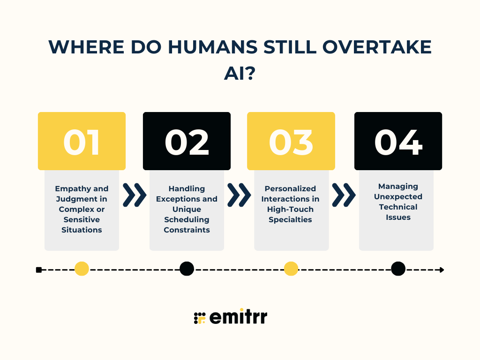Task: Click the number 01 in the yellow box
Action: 82,142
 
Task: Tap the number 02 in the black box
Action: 187,142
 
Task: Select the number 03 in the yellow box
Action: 291,142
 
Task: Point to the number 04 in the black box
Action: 398,142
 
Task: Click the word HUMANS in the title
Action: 213,47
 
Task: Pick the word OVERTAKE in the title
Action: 377,47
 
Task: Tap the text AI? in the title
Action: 240,74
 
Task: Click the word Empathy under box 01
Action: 69,189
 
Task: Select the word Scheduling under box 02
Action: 187,220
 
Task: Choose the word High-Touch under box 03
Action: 290,210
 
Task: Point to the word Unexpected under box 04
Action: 398,197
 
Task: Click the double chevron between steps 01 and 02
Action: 135,195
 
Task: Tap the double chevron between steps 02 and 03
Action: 239,195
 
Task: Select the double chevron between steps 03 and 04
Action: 344,195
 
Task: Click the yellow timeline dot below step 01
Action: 82,269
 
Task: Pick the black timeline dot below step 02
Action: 187,269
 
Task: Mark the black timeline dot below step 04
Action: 398,269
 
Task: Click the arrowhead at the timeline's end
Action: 442,270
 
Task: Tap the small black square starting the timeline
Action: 39,270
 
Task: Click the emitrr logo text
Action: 238,316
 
